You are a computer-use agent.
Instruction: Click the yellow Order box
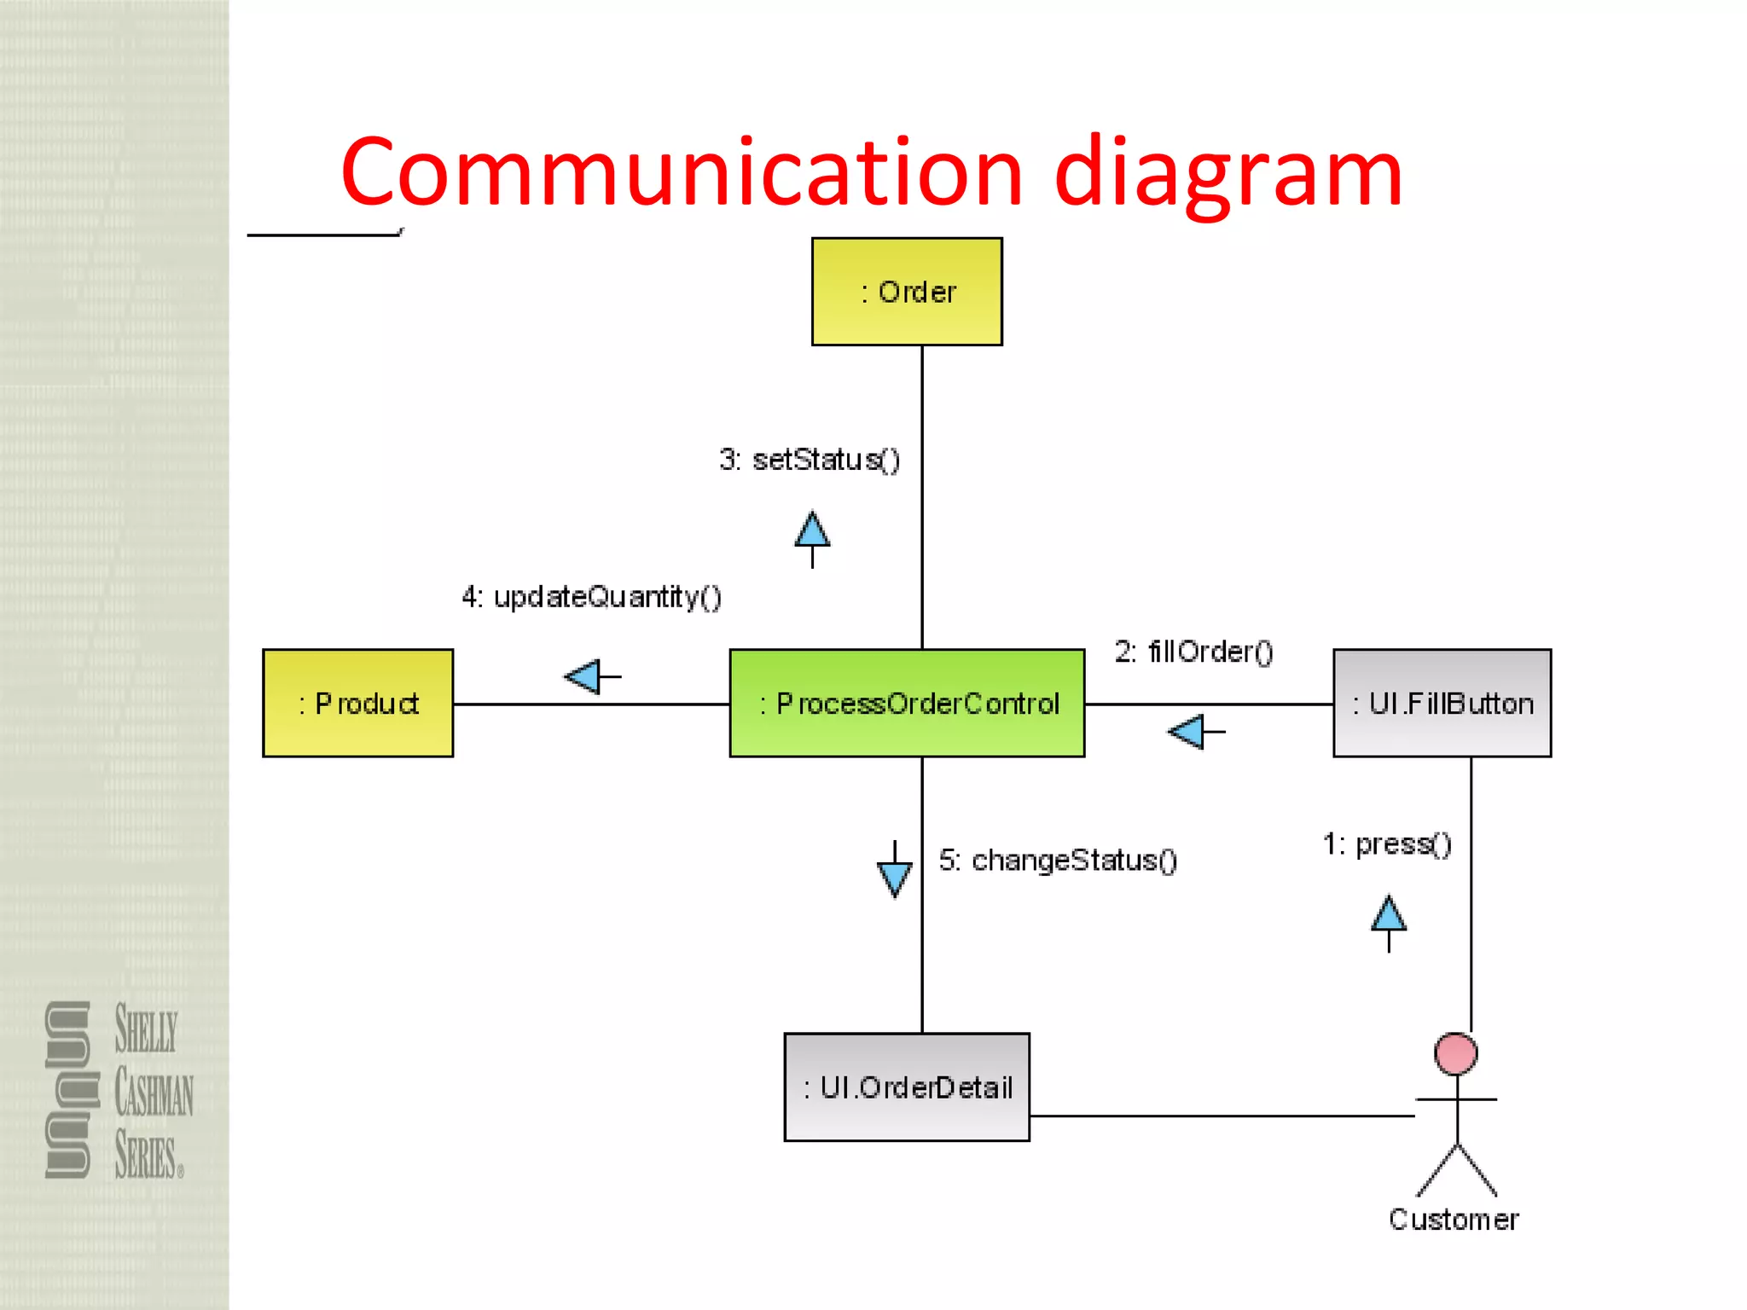[x=907, y=292]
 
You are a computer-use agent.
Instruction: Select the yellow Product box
[x=357, y=703]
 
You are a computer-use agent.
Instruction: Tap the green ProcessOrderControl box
[x=907, y=703]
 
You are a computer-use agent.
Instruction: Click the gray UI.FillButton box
[x=1442, y=703]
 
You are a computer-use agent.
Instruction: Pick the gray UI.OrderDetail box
[x=907, y=1087]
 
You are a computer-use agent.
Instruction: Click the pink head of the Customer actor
[x=1455, y=1054]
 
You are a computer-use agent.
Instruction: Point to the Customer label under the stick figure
[x=1454, y=1220]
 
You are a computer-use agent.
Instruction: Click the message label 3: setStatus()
[x=809, y=460]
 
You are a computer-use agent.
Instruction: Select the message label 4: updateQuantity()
[x=591, y=597]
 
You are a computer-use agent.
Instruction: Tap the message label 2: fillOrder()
[x=1193, y=652]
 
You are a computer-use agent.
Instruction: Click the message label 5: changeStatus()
[x=1058, y=860]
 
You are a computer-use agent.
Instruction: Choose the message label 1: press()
[x=1387, y=844]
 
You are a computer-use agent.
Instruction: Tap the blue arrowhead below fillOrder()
[x=1187, y=732]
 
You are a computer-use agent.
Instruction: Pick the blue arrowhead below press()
[x=1389, y=914]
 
